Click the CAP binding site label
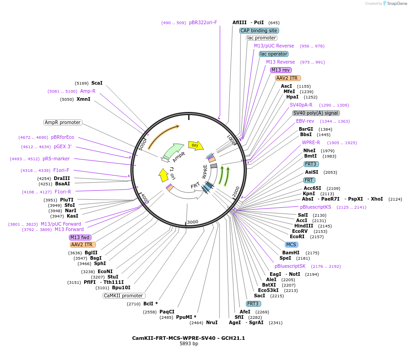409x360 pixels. pyautogui.click(x=259, y=30)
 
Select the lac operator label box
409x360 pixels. pyautogui.click(x=274, y=54)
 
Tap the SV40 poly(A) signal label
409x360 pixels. pyautogui.click(x=316, y=113)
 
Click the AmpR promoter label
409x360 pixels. pyautogui.click(x=63, y=122)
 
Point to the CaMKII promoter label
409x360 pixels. pyautogui.click(x=124, y=296)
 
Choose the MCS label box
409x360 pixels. pyautogui.click(x=292, y=244)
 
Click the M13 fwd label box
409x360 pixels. pyautogui.click(x=80, y=237)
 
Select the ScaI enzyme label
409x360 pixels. pyautogui.click(x=97, y=83)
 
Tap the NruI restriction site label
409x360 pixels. pyautogui.click(x=212, y=322)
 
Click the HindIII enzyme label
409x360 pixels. pyautogui.click(x=304, y=226)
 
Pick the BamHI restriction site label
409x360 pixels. pyautogui.click(x=291, y=253)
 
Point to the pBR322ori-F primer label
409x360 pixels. pyautogui.click(x=203, y=22)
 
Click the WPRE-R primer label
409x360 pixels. pyautogui.click(x=311, y=142)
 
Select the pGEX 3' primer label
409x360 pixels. pyautogui.click(x=63, y=146)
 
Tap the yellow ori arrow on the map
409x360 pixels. pyautogui.click(x=195, y=145)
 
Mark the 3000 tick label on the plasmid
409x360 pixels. pyautogui.click(x=193, y=222)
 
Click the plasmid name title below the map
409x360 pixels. pyautogui.click(x=189, y=338)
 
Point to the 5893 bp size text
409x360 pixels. pyautogui.click(x=189, y=344)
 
